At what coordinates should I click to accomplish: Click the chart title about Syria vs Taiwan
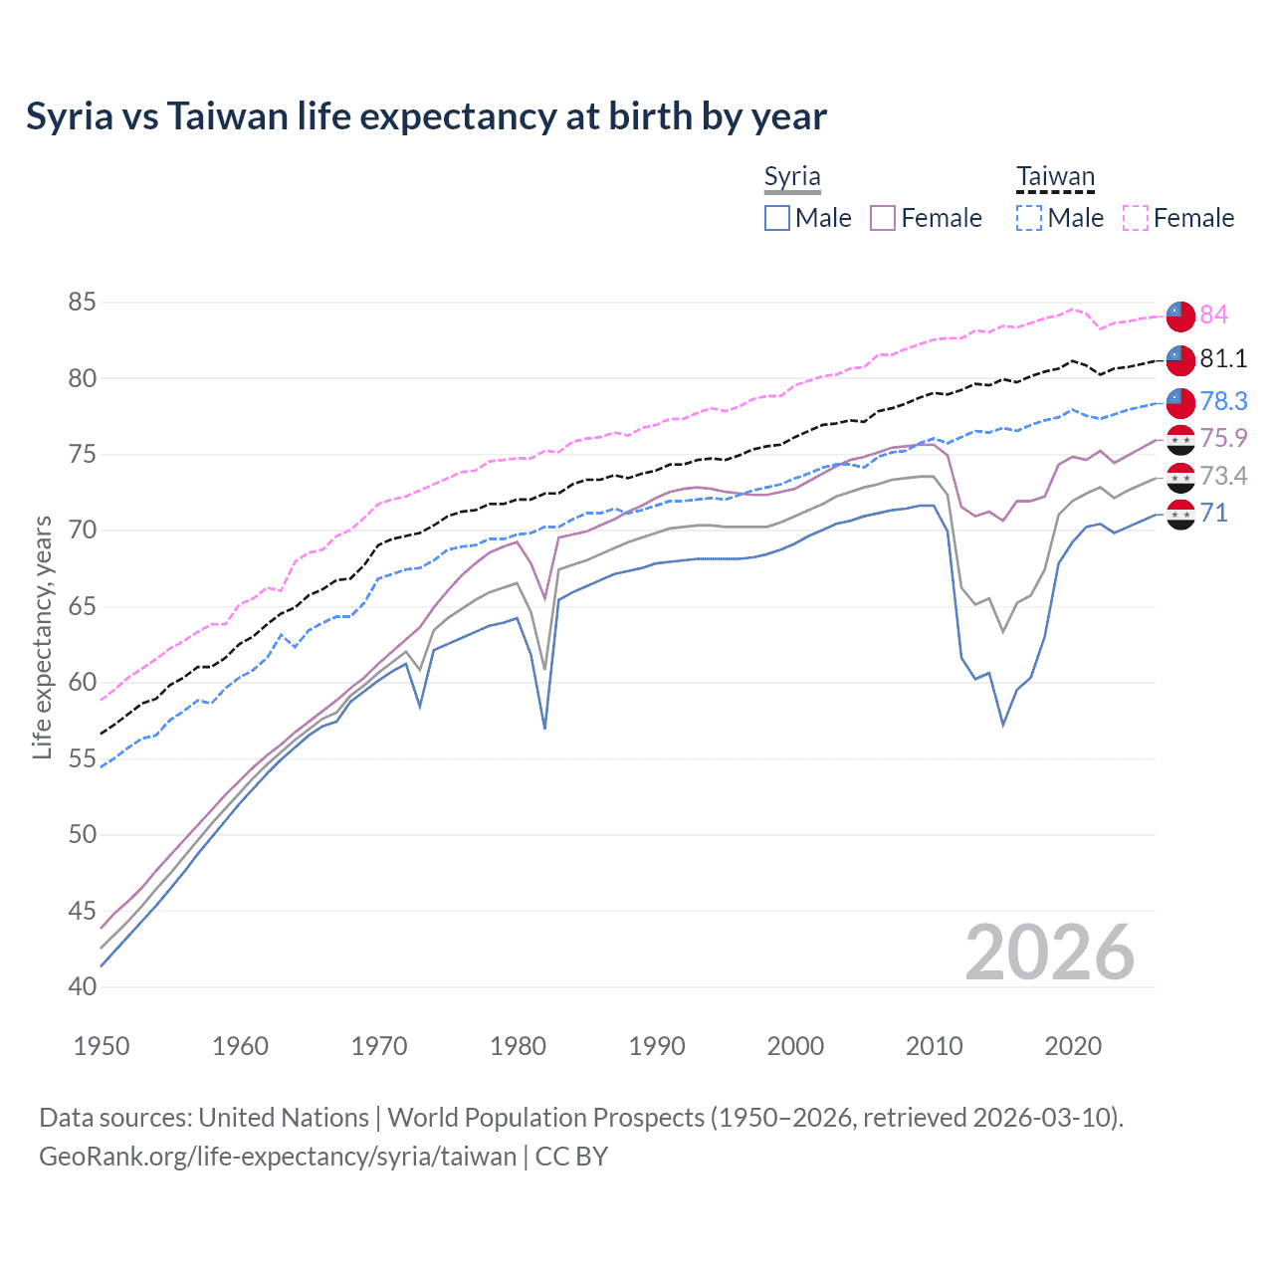click(426, 116)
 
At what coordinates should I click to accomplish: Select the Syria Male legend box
click(777, 218)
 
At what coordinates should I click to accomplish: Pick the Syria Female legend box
click(883, 218)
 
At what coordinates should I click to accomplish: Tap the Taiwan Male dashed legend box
click(1029, 218)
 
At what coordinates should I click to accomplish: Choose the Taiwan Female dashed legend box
click(1136, 218)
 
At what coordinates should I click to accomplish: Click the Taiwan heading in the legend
click(1055, 177)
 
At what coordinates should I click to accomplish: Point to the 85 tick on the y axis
click(83, 302)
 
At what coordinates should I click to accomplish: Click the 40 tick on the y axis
click(83, 986)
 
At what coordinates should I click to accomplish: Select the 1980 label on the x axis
click(518, 1046)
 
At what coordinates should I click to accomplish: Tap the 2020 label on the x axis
click(1073, 1046)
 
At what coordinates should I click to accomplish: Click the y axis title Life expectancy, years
click(42, 637)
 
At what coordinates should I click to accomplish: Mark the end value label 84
click(1213, 315)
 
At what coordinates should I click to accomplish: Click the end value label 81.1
click(1223, 358)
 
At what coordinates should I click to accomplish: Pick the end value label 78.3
click(1223, 401)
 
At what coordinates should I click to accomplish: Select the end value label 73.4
click(1223, 476)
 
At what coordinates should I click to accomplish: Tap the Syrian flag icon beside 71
click(1180, 515)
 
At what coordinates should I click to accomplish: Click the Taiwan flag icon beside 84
click(1180, 315)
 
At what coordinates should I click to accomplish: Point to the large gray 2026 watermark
click(1050, 953)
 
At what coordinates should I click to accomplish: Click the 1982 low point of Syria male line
click(544, 729)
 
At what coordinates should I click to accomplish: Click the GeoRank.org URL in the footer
click(278, 1157)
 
